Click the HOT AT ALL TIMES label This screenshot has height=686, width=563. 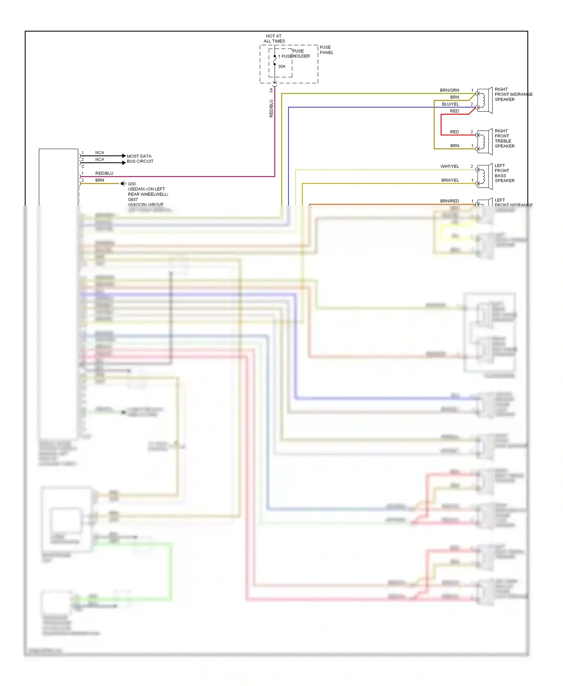(274, 39)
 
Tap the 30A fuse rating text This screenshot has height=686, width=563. (281, 66)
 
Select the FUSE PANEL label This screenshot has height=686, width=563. (326, 50)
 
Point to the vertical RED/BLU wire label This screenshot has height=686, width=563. (271, 108)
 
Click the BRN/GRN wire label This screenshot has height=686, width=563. (449, 90)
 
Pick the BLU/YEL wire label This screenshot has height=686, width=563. (450, 104)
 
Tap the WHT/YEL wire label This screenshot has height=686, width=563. (449, 167)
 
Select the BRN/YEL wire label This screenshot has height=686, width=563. (450, 181)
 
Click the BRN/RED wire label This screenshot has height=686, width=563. (449, 201)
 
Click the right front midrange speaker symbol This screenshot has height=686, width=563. (485, 100)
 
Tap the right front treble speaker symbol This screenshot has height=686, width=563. (485, 142)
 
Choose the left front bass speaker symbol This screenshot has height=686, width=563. (485, 176)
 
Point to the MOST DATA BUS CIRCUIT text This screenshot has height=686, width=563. (140, 159)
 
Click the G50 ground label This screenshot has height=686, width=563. (132, 184)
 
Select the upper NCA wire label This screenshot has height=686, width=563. (99, 153)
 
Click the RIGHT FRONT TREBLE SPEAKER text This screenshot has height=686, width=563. (504, 138)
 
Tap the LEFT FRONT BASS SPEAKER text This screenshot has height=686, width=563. (504, 173)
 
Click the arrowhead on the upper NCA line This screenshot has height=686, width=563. (124, 156)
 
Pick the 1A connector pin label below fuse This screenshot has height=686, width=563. (271, 90)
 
